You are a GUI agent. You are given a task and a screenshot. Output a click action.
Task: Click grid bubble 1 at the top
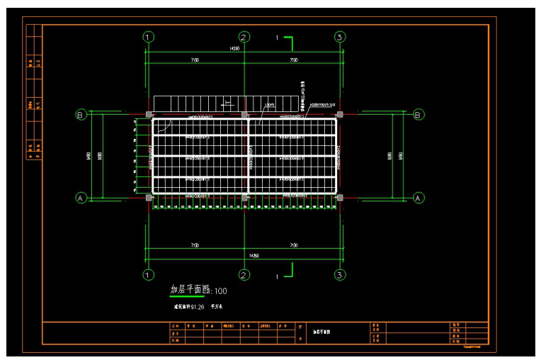pos(148,37)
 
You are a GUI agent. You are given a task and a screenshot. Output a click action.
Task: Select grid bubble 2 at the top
pos(244,37)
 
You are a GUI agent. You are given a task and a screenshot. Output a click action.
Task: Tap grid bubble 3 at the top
pos(340,37)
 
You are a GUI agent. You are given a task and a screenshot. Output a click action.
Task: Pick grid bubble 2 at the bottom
pos(244,274)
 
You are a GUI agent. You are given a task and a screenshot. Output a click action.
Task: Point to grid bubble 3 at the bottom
pos(340,274)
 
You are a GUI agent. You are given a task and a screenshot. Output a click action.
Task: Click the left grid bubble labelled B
pos(81,114)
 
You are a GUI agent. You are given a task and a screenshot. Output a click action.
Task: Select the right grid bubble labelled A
pos(418,198)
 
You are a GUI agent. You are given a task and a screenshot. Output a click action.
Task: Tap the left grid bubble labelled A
pos(81,198)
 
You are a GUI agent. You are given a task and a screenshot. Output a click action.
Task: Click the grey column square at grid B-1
pos(148,114)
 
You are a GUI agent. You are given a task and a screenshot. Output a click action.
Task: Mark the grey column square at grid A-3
pos(340,198)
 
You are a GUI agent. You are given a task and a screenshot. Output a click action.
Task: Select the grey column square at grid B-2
pos(244,114)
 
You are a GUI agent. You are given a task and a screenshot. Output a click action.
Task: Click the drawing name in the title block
pos(323,332)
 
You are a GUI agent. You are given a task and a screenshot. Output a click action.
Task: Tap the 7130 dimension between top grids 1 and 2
pos(195,61)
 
